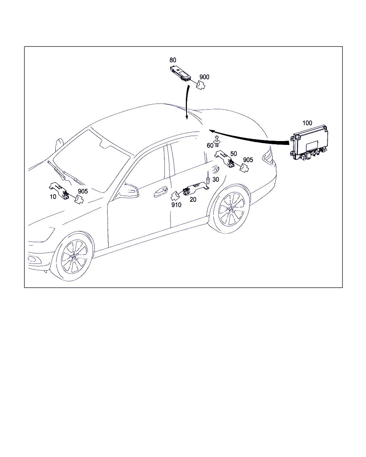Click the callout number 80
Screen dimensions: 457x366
pyautogui.click(x=173, y=60)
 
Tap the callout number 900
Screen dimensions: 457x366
pyautogui.click(x=204, y=77)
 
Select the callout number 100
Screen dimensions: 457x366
pyautogui.click(x=307, y=123)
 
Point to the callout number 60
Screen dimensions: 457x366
pyautogui.click(x=210, y=145)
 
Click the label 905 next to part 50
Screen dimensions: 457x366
pyautogui.click(x=248, y=160)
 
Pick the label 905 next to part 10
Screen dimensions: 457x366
pyautogui.click(x=83, y=191)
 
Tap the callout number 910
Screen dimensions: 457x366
pyautogui.click(x=176, y=205)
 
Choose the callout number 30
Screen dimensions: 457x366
pyautogui.click(x=216, y=180)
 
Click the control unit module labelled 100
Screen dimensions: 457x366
pyautogui.click(x=310, y=143)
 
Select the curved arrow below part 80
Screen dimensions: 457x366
pyautogui.click(x=186, y=102)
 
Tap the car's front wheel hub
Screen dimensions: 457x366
pyautogui.click(x=74, y=256)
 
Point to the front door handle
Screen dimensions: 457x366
pyautogui.click(x=160, y=192)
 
